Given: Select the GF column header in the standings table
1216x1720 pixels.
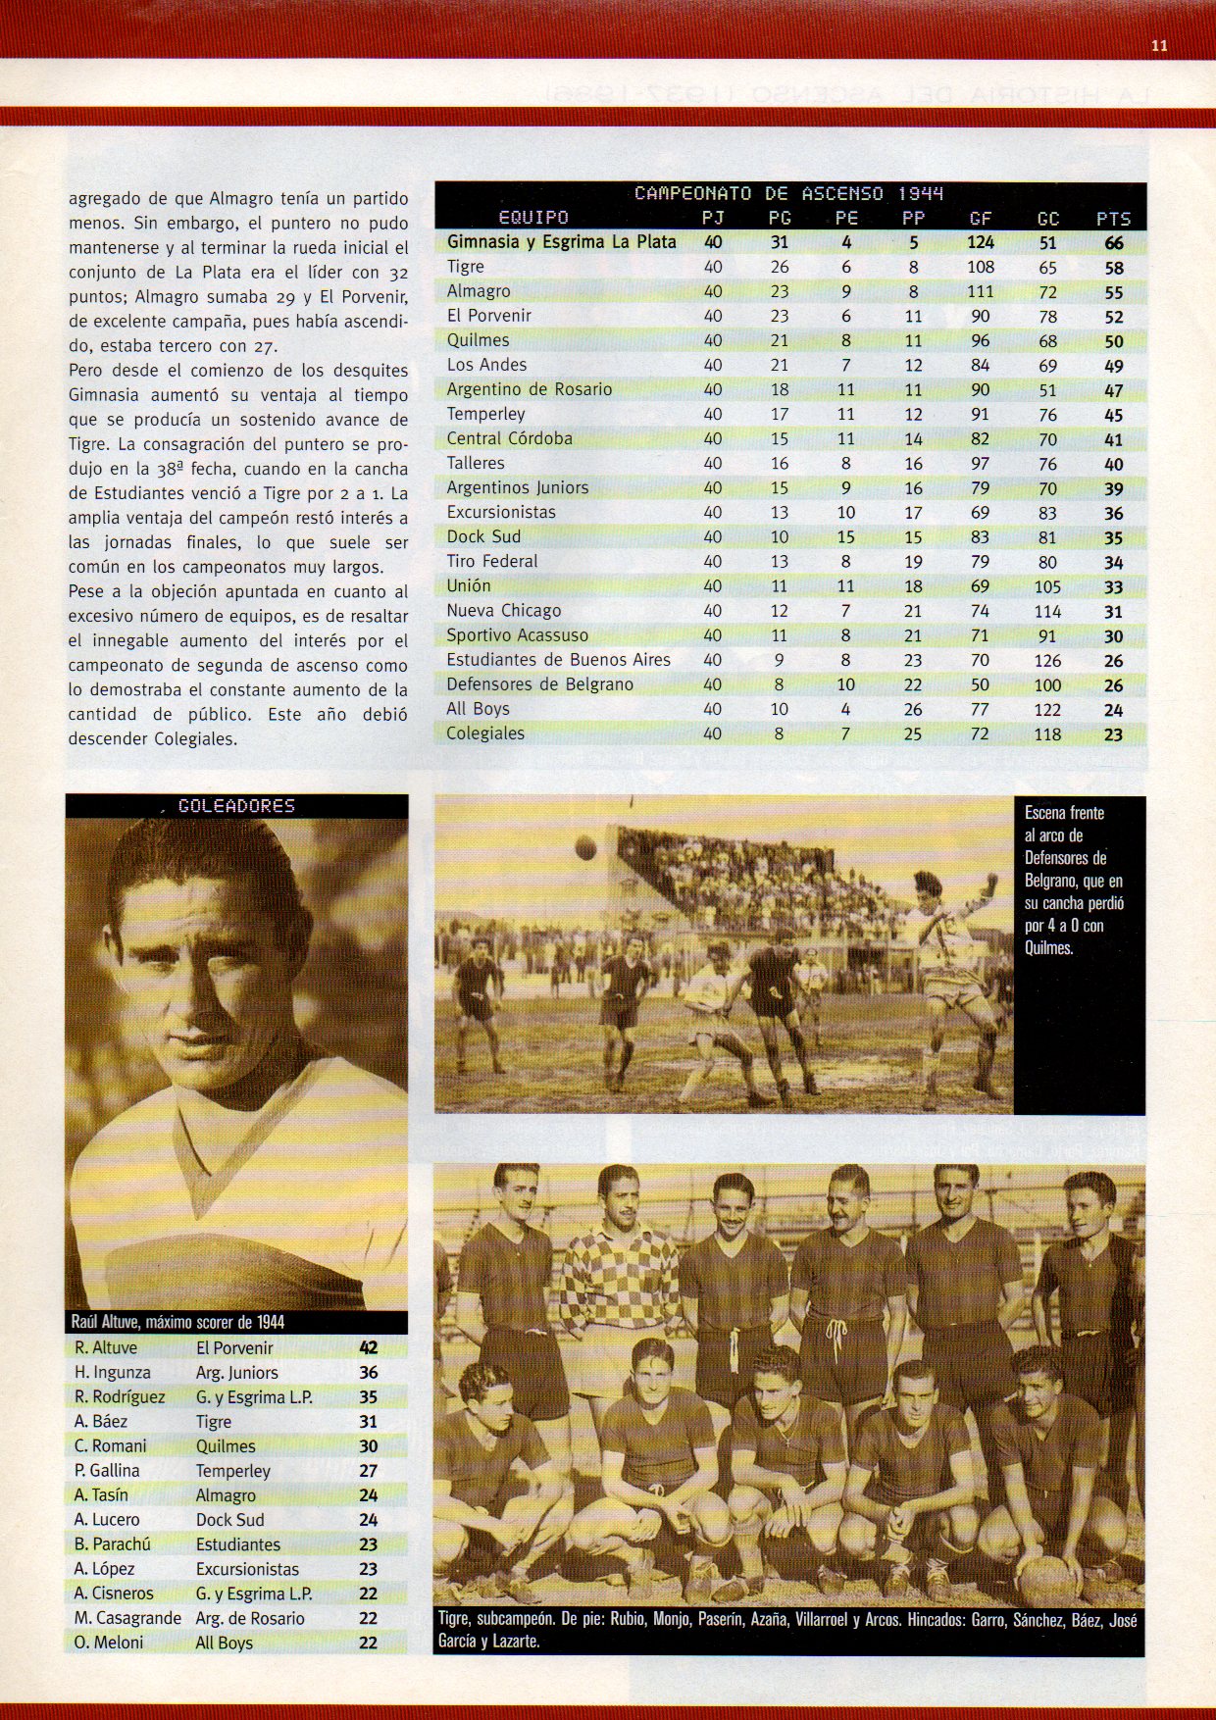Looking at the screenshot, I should [980, 219].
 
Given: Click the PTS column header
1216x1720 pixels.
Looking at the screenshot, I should [1113, 219].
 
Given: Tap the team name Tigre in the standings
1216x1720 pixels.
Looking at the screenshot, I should [466, 267].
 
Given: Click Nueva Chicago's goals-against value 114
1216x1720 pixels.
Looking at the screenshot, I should [1047, 611].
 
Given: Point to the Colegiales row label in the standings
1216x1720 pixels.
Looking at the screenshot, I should [485, 734].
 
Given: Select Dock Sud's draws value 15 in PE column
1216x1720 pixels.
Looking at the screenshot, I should [845, 537].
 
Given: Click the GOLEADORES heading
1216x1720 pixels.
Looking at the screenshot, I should [236, 806].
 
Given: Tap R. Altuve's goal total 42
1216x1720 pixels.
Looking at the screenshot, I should [368, 1348].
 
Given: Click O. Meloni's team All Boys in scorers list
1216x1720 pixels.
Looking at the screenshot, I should [224, 1643].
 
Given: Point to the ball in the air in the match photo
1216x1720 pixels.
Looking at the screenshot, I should [586, 844].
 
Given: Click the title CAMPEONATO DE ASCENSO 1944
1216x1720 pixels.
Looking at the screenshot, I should [788, 193].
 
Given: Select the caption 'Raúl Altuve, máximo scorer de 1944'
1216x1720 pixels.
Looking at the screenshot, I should [179, 1322].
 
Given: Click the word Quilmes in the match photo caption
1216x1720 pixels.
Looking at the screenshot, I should [1049, 948].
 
